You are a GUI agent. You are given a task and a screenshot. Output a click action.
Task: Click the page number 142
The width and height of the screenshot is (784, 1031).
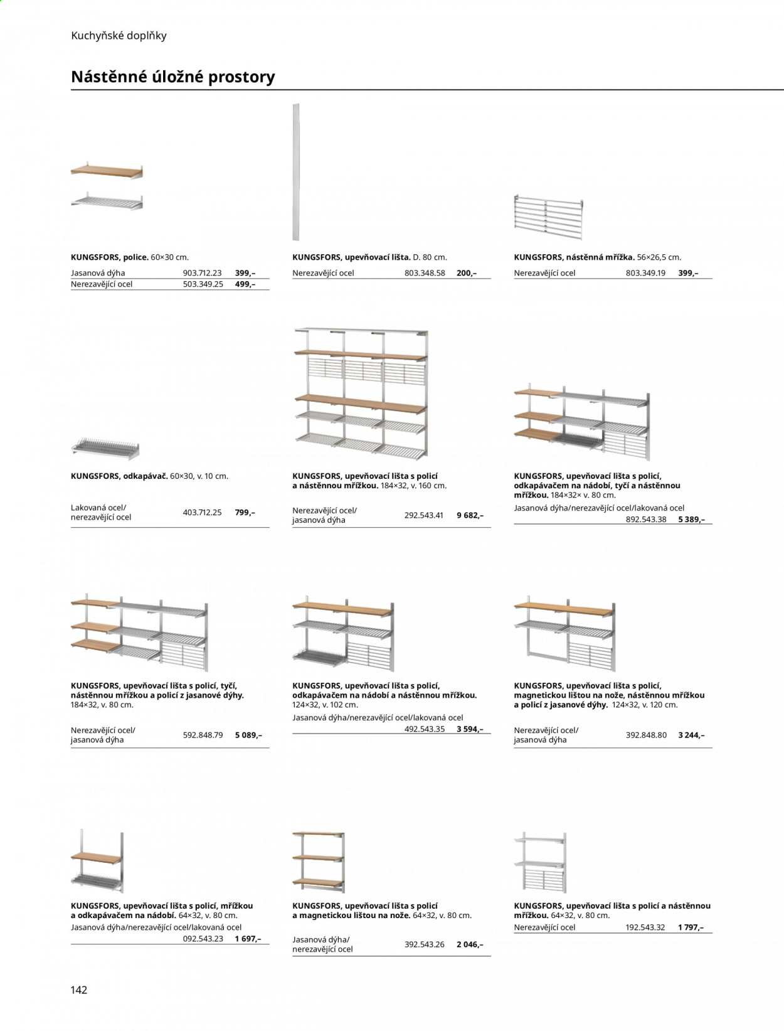tap(79, 990)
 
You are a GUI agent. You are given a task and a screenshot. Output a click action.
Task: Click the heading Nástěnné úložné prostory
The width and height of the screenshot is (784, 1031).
tap(172, 77)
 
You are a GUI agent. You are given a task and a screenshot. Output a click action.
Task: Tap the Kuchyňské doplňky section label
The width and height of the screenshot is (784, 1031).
tap(119, 36)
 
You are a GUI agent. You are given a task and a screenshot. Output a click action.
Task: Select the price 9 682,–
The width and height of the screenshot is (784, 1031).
tap(470, 515)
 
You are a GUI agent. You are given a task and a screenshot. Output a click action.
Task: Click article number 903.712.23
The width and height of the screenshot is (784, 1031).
tap(202, 273)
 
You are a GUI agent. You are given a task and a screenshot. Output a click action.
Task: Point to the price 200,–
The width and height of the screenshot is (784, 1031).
tap(466, 273)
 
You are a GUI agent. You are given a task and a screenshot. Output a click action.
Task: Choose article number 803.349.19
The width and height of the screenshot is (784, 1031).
tap(645, 273)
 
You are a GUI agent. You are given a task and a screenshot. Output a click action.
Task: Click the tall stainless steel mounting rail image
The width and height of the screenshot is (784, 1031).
tap(296, 172)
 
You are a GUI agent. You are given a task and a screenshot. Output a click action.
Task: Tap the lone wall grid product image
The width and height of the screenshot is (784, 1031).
tap(549, 217)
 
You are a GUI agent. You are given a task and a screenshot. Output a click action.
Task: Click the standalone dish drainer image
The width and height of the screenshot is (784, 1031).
tap(105, 448)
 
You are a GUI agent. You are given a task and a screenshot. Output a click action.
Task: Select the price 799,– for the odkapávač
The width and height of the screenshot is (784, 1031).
tap(245, 513)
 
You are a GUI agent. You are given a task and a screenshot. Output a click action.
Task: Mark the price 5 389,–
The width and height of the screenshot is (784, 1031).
tap(692, 520)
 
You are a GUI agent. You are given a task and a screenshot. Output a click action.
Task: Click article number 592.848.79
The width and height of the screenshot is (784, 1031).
tap(203, 735)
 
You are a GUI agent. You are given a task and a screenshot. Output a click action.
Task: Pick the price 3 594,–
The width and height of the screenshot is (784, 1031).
tap(470, 729)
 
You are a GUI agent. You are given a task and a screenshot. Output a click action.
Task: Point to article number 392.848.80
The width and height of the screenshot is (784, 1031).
tap(646, 735)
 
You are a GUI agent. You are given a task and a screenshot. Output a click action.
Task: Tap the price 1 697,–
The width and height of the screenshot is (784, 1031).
tap(248, 939)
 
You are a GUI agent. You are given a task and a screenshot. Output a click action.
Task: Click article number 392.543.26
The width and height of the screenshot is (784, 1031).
tap(425, 944)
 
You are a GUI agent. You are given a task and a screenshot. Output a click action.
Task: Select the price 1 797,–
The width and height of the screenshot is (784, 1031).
tap(691, 927)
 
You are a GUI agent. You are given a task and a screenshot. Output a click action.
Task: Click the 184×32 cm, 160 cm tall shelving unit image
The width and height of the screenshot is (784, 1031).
tap(361, 393)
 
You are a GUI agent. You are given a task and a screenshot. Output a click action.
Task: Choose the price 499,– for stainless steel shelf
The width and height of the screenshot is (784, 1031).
tap(245, 284)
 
